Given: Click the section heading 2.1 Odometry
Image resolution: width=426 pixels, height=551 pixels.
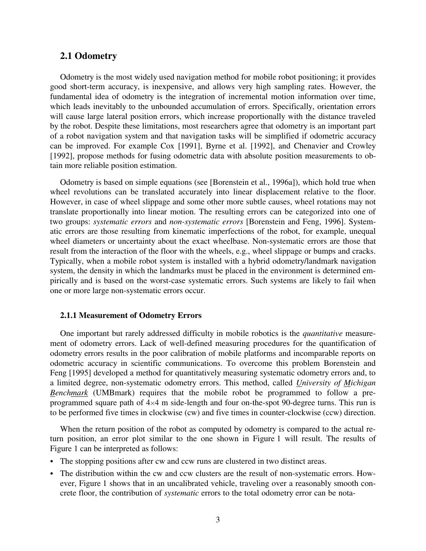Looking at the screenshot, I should pyautogui.click(x=88, y=56).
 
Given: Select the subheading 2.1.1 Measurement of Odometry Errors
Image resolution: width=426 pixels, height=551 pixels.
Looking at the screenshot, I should pyautogui.click(x=131, y=315).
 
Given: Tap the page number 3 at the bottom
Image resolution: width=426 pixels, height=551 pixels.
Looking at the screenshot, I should pyautogui.click(x=218, y=519).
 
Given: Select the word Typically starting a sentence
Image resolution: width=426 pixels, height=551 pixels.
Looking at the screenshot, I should pyautogui.click(x=67, y=261).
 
